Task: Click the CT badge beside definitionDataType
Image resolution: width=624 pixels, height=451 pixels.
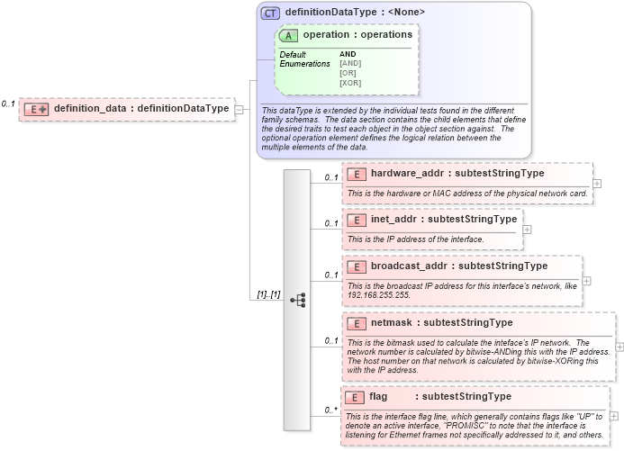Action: click(270, 14)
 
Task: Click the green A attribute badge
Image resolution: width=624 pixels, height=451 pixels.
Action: click(289, 35)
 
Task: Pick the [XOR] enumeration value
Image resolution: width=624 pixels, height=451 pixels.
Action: click(350, 83)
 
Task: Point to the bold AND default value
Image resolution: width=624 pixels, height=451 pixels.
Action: click(348, 54)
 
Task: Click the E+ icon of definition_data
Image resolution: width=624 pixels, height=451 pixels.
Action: click(36, 109)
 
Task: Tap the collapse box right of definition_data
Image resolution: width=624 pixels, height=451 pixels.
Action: click(240, 109)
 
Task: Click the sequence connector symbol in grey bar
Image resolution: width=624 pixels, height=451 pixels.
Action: click(298, 299)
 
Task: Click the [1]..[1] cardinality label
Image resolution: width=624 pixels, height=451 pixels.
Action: click(268, 294)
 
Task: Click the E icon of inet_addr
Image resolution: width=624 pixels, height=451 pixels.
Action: click(356, 219)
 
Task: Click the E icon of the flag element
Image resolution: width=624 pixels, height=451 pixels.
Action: click(356, 396)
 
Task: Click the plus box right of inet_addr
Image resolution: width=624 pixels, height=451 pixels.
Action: click(528, 229)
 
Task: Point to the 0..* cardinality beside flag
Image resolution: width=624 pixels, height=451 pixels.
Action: click(330, 410)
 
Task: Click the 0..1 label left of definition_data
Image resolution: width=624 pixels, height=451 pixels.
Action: click(8, 104)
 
